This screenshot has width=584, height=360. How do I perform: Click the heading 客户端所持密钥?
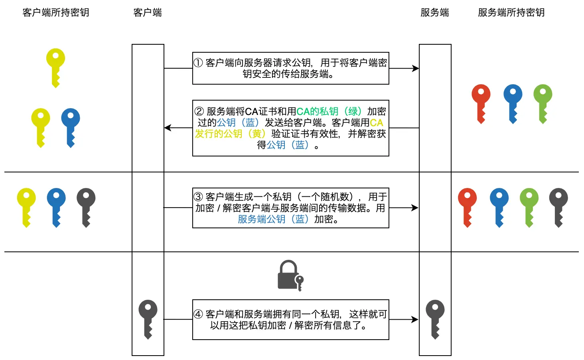pyautogui.click(x=56, y=13)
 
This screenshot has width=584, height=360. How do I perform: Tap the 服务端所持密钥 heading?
pyautogui.click(x=511, y=13)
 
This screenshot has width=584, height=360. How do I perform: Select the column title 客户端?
pyautogui.click(x=148, y=13)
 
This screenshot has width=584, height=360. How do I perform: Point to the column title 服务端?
pyautogui.click(x=435, y=13)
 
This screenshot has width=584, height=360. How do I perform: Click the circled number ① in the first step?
pyautogui.click(x=198, y=63)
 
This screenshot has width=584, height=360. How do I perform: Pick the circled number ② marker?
pyautogui.click(x=199, y=111)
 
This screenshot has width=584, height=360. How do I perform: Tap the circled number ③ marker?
pyautogui.click(x=198, y=197)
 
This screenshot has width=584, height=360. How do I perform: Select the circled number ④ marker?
pyautogui.click(x=198, y=314)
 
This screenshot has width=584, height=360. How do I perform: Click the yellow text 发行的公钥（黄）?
pyautogui.click(x=230, y=134)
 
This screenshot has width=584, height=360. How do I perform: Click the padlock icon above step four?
pyautogui.click(x=288, y=275)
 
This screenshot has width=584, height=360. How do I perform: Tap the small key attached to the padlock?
pyautogui.click(x=300, y=282)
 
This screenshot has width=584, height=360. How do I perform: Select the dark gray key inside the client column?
pyautogui.click(x=148, y=318)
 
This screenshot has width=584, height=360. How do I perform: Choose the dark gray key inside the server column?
pyautogui.click(x=435, y=318)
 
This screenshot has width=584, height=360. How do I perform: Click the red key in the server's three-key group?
pyautogui.click(x=481, y=103)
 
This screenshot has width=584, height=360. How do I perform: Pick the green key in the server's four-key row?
pyautogui.click(x=529, y=207)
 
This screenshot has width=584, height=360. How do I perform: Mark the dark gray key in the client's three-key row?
pyautogui.click(x=86, y=207)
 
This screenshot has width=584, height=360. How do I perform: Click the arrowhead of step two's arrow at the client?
pyautogui.click(x=168, y=128)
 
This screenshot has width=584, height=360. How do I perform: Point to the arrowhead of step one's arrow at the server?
pyautogui.click(x=416, y=68)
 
